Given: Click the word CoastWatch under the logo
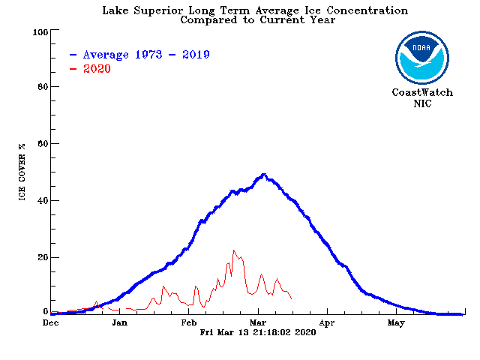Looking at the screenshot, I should pyautogui.click(x=422, y=93).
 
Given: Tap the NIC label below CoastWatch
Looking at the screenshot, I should pyautogui.click(x=422, y=103).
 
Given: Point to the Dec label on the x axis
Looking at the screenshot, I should pyautogui.click(x=51, y=323).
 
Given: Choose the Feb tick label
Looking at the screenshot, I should pyautogui.click(x=189, y=323).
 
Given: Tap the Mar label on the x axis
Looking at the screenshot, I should pyautogui.click(x=259, y=323).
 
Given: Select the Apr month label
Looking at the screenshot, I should pyautogui.click(x=327, y=323).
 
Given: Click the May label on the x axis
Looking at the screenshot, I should pyautogui.click(x=396, y=323).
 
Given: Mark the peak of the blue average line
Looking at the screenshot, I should pyautogui.click(x=263, y=175).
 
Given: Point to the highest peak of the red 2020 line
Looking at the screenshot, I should pyautogui.click(x=234, y=250).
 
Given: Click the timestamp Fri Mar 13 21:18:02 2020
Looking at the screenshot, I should pyautogui.click(x=258, y=332).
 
